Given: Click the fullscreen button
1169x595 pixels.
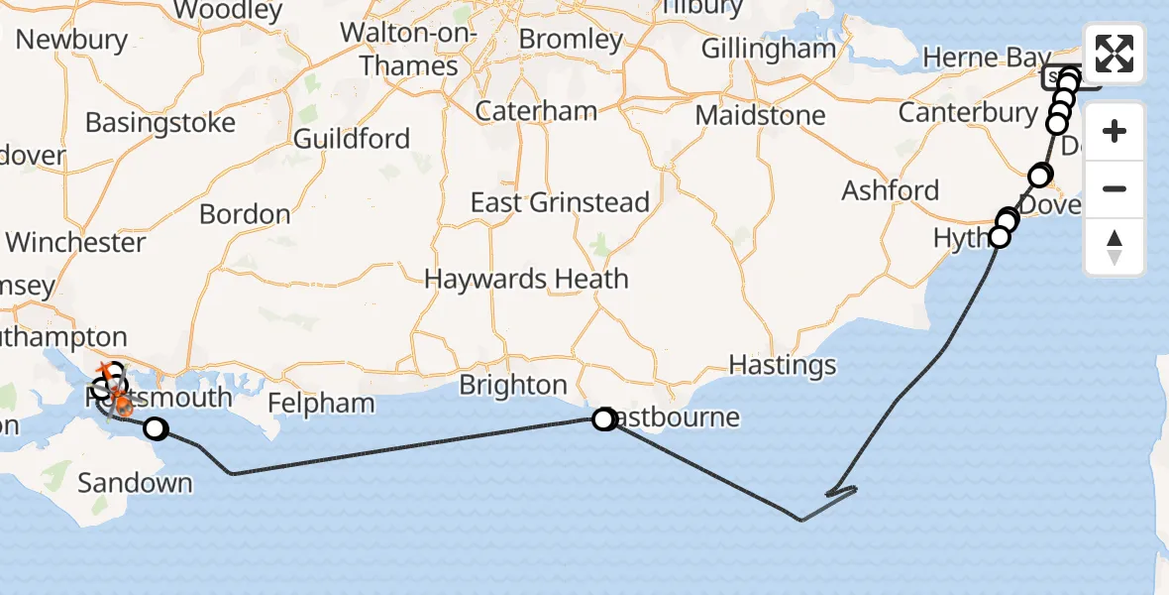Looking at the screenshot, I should click(x=1115, y=54).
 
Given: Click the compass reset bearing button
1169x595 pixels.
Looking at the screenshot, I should click(x=1115, y=247).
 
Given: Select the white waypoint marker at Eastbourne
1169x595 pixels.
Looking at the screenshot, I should click(x=603, y=419).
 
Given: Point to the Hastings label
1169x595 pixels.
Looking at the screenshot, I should click(x=783, y=365).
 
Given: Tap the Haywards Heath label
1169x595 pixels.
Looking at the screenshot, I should click(x=526, y=279).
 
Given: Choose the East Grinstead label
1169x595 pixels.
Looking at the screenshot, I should click(x=560, y=202).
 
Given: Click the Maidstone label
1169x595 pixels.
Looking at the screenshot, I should click(x=760, y=115).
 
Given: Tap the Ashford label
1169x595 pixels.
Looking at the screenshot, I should click(x=891, y=189).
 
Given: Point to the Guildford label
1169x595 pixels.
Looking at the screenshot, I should click(x=352, y=138).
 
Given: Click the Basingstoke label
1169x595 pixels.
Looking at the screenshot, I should click(x=160, y=123).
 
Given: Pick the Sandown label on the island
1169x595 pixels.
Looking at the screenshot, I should click(x=135, y=483).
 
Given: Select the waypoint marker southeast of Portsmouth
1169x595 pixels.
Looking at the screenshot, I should click(x=156, y=429).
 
